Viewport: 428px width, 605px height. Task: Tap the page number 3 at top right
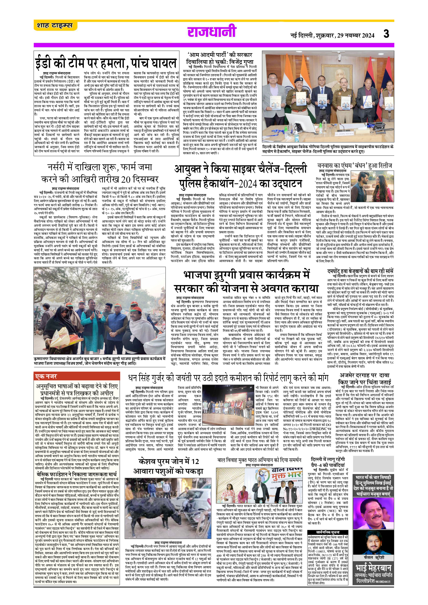click(386, 34)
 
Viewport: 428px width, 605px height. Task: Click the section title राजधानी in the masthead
click(212, 32)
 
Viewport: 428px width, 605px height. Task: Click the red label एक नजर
click(46, 376)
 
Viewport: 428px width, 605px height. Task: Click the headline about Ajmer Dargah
click(365, 379)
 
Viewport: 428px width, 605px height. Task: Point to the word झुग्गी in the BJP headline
click(229, 275)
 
